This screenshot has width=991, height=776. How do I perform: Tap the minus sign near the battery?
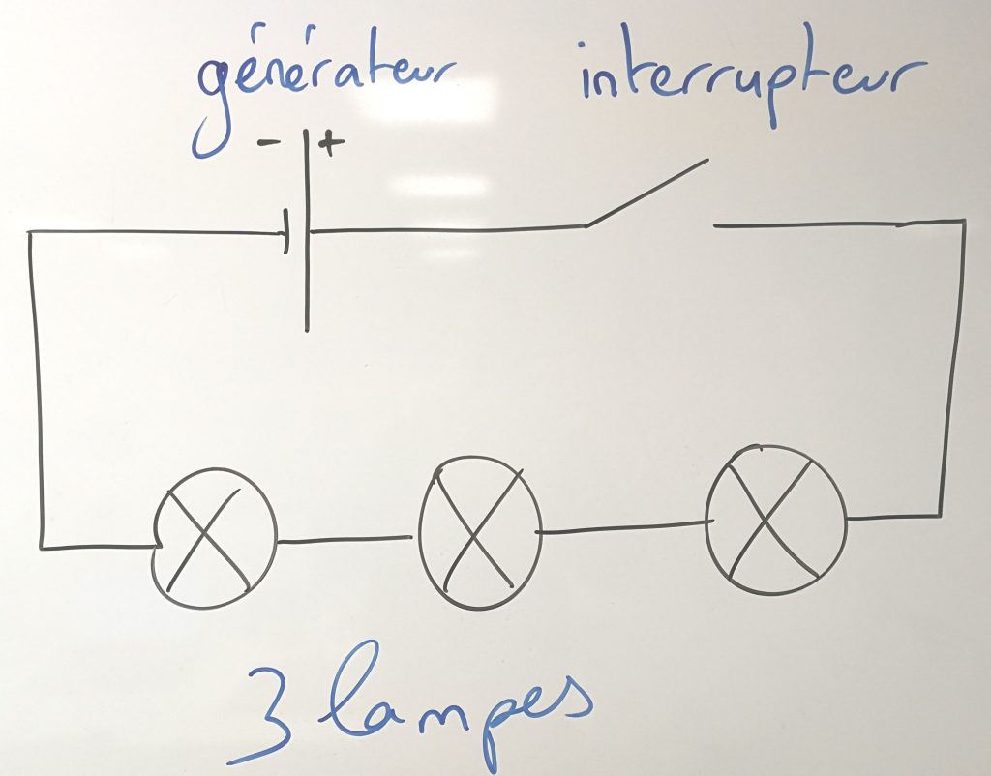point(269,143)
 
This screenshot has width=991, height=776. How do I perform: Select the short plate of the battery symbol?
point(286,231)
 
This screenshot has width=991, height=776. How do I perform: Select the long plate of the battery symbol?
point(307,230)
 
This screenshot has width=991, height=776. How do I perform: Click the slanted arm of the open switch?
point(646,193)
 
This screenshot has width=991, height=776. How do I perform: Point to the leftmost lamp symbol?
point(214,538)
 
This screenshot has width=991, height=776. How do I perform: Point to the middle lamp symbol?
point(480,533)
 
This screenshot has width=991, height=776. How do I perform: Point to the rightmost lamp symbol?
point(776,520)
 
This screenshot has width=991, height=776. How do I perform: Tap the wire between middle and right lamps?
point(624,527)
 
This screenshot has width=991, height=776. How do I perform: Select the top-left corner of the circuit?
point(30,232)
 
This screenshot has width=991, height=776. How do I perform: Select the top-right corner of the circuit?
point(964,221)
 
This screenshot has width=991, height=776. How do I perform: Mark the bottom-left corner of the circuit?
point(42,548)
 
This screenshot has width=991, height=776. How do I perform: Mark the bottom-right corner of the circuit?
point(941,516)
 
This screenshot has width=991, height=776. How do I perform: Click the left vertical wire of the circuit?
point(36,390)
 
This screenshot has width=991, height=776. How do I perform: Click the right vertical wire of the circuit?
point(953,369)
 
